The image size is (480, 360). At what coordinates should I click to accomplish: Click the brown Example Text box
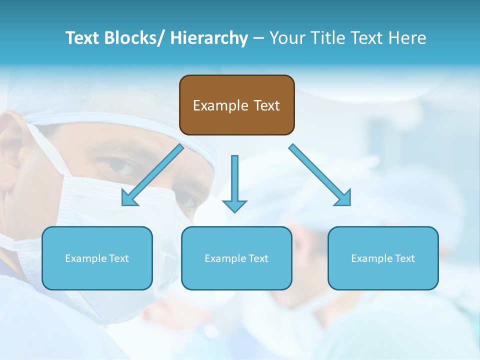tap(236, 105)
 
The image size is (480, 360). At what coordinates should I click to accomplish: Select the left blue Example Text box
tap(97, 258)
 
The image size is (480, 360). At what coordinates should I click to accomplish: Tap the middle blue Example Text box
tap(236, 258)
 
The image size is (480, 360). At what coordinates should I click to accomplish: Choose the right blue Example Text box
tap(383, 258)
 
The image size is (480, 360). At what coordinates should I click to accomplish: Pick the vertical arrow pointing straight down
tap(234, 182)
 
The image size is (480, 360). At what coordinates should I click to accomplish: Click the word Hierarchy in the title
tap(209, 38)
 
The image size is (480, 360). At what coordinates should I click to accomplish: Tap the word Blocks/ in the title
tap(134, 38)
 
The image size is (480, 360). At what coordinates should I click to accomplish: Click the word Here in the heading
tap(407, 38)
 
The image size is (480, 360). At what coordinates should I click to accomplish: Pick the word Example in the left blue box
tap(86, 258)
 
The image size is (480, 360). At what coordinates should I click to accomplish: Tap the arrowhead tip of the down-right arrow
tap(349, 204)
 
